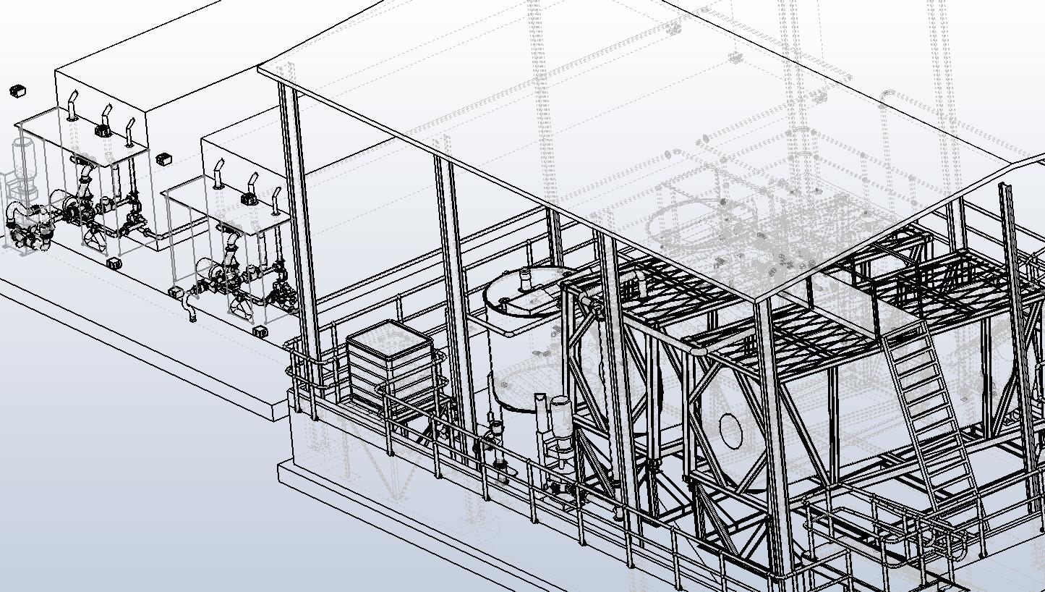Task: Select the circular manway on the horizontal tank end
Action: click(x=731, y=431)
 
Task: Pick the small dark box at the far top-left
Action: click(x=18, y=90)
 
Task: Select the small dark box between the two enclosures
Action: click(x=163, y=158)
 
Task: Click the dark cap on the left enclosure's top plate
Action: click(x=103, y=131)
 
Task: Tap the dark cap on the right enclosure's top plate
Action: click(x=246, y=198)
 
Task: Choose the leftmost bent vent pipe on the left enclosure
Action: click(x=72, y=105)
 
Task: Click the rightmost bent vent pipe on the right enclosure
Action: click(x=276, y=200)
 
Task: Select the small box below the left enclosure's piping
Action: click(x=114, y=263)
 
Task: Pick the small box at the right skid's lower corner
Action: click(x=261, y=331)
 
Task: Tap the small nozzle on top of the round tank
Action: click(x=523, y=274)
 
